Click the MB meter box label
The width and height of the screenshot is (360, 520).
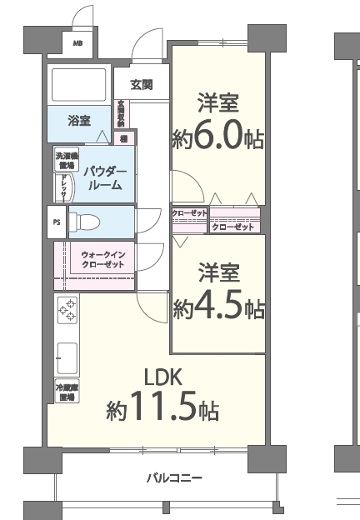coord(77,43)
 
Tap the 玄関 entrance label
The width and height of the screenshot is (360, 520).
coord(140,84)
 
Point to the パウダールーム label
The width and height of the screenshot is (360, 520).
coord(105,178)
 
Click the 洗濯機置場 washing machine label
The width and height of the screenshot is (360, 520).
coord(66,159)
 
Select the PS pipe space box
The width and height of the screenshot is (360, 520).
coord(57,222)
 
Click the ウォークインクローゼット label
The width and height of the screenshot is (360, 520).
coord(103,259)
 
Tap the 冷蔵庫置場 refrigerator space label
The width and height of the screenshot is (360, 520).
coord(66,392)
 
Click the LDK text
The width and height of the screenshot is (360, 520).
coord(162,376)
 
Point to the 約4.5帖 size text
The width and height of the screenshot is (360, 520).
coord(219,307)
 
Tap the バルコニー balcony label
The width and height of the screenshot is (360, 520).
coord(174,477)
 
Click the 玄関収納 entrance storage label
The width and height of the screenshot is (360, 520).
coord(122,113)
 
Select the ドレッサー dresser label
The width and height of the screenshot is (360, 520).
coord(64,188)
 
